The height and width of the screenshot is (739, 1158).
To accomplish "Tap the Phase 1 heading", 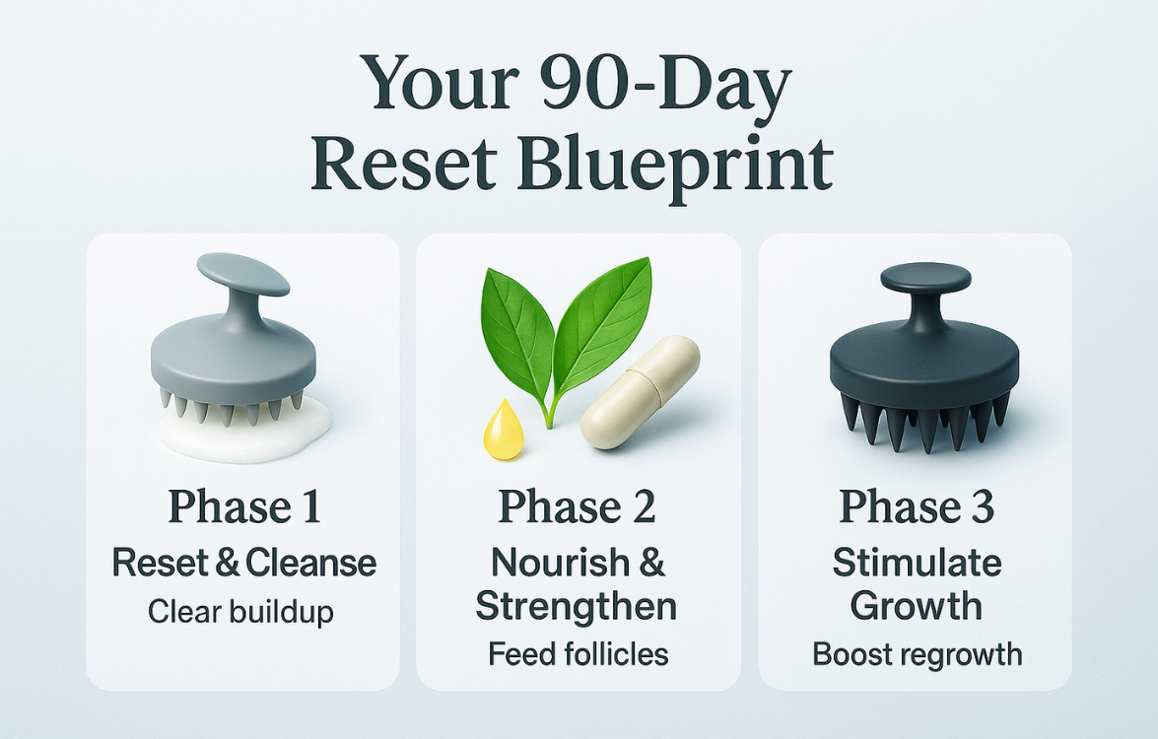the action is pyautogui.click(x=243, y=506).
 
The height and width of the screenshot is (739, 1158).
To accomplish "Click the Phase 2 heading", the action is pyautogui.click(x=578, y=506).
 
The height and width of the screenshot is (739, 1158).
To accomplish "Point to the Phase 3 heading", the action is pyautogui.click(x=916, y=506).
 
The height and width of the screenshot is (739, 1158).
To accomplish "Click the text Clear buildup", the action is pyautogui.click(x=240, y=612).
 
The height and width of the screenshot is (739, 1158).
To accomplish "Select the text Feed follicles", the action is pyautogui.click(x=579, y=654).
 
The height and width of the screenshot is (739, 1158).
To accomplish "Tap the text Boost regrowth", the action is pyautogui.click(x=918, y=654).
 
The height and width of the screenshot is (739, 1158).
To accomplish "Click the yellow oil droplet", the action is pyautogui.click(x=503, y=431).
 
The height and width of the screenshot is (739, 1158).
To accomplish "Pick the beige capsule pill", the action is pyautogui.click(x=640, y=392).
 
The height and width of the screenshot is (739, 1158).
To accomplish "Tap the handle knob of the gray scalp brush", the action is pyautogui.click(x=243, y=274).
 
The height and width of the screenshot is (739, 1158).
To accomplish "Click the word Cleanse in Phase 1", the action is pyautogui.click(x=310, y=564).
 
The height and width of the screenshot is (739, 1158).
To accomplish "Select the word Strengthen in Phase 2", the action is pyautogui.click(x=577, y=606).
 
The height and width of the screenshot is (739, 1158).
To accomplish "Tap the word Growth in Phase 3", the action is pyautogui.click(x=916, y=606).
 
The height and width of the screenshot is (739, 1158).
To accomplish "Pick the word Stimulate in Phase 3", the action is pyautogui.click(x=918, y=563).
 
